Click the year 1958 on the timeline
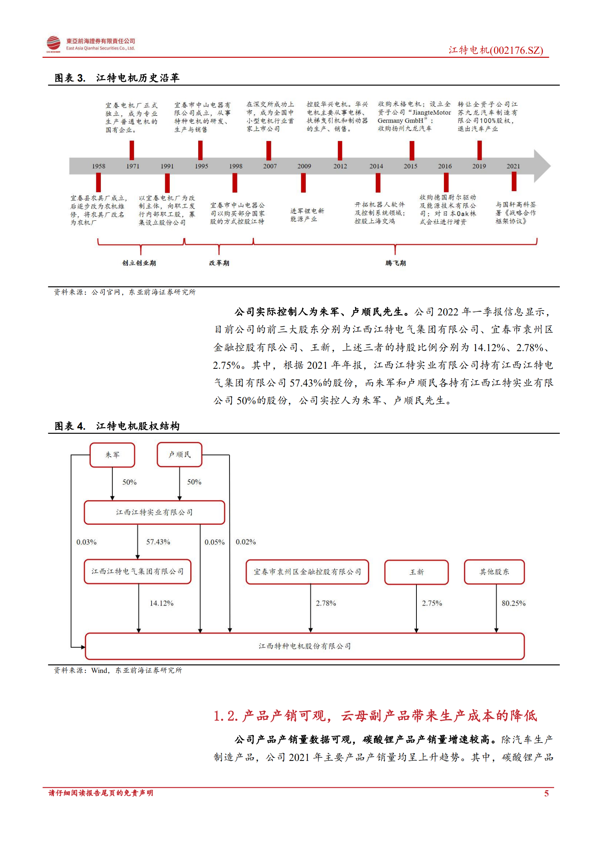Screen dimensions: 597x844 click(99, 166)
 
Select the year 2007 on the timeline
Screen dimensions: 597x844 click(270, 166)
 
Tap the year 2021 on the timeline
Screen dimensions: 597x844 click(513, 166)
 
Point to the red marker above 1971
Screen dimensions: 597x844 click(132, 150)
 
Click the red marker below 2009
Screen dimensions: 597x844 click(303, 183)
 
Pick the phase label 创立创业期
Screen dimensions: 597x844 click(139, 263)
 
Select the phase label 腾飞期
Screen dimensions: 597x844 click(395, 263)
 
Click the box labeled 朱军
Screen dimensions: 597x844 click(112, 455)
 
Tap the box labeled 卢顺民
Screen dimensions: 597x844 click(179, 455)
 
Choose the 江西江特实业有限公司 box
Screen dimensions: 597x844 click(154, 512)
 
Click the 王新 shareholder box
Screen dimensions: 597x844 click(416, 572)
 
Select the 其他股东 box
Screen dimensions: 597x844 click(494, 572)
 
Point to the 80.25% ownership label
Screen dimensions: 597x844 click(513, 603)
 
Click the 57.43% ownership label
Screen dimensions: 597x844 click(158, 542)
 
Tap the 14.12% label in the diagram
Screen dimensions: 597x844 click(161, 603)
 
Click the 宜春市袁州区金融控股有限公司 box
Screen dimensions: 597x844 click(307, 572)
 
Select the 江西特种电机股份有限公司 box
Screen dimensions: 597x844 click(305, 646)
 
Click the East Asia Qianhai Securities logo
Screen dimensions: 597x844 click(53, 44)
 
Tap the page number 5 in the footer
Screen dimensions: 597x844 click(546, 793)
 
